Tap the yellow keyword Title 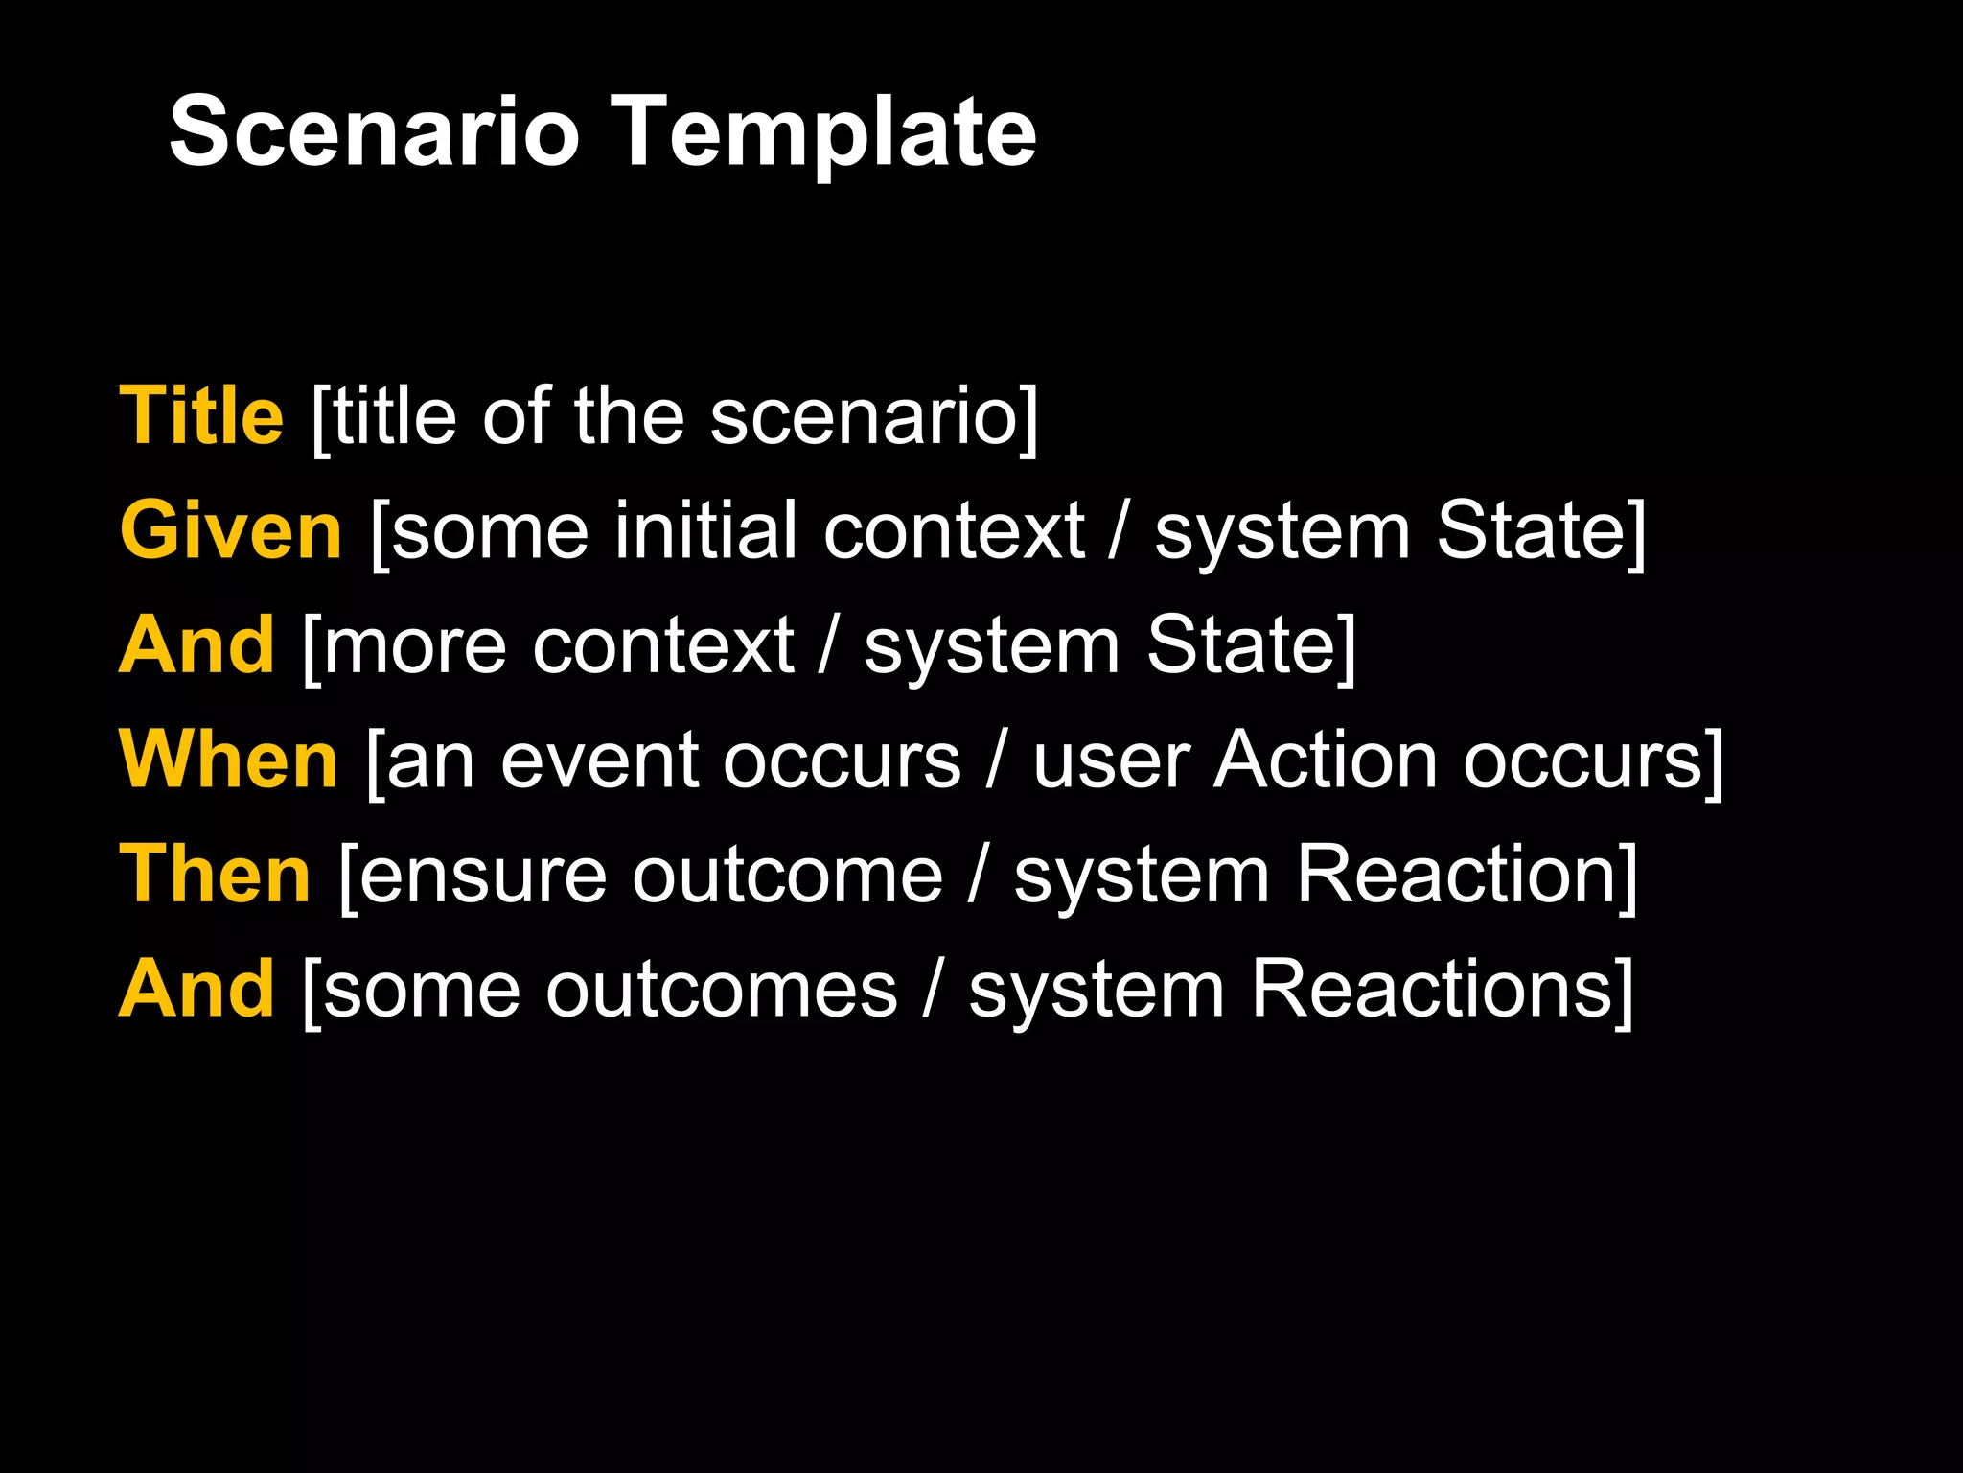[x=201, y=416]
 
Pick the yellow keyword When [x=228, y=760]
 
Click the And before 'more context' [x=196, y=644]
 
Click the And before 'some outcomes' [x=196, y=989]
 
